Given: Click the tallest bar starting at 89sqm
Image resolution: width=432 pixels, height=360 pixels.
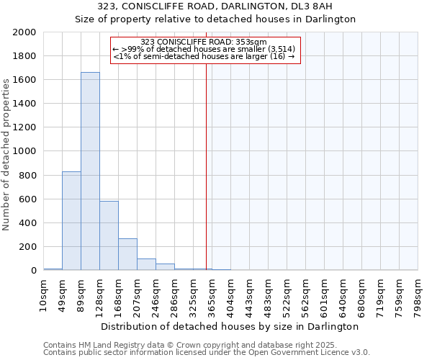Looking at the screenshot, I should [x=90, y=171].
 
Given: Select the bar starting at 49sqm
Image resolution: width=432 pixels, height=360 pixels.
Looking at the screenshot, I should [x=71, y=221].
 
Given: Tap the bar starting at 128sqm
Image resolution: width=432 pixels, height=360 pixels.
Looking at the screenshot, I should [x=109, y=235].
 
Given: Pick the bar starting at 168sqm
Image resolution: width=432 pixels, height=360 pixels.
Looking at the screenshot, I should [x=127, y=254].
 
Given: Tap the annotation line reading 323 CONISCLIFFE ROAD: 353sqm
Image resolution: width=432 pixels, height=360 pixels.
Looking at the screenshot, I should [x=204, y=42].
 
